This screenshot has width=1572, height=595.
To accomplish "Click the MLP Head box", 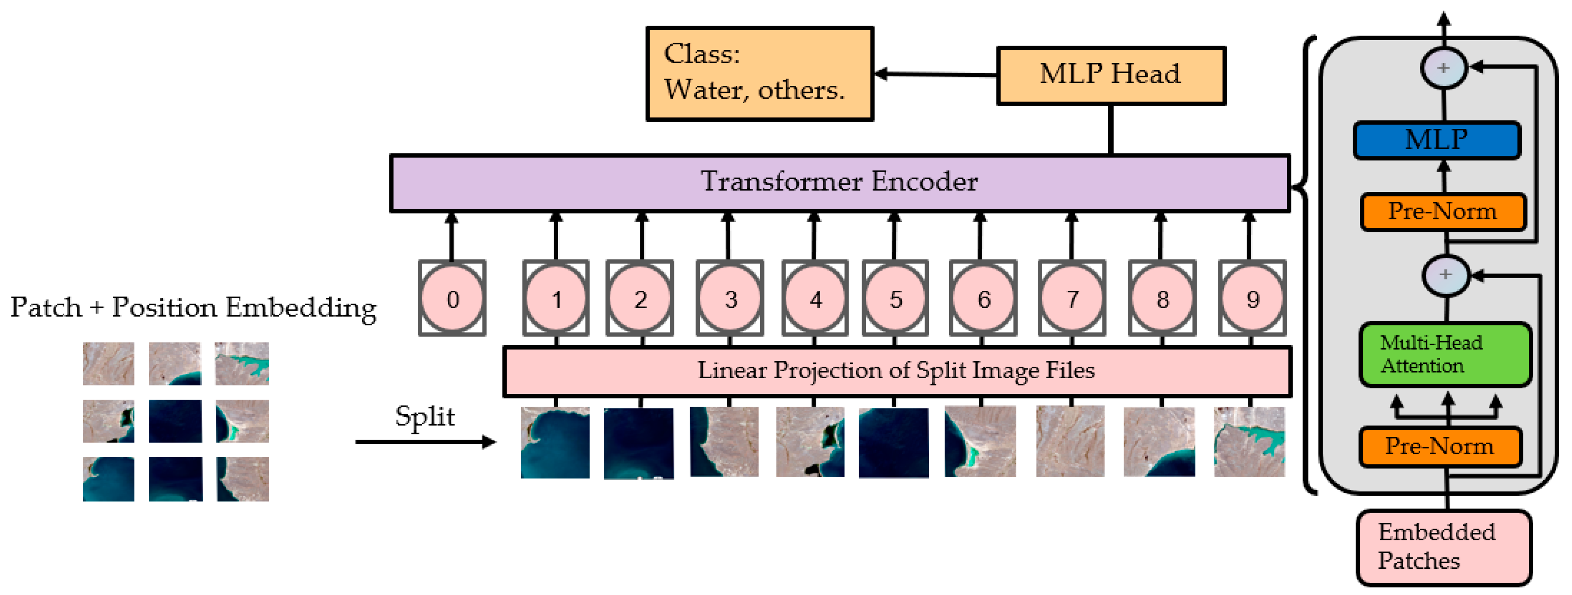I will coord(1111,76).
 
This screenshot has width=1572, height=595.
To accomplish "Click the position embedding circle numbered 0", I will coord(452,298).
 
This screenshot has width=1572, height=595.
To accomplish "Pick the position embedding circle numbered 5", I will coord(895,298).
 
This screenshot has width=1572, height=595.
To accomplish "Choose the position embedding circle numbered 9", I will coord(1252,298).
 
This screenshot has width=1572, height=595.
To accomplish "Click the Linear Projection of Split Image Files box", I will coord(896,371).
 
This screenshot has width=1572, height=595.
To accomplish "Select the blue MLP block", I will coord(1436,140).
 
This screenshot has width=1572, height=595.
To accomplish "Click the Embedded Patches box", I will coord(1444,547).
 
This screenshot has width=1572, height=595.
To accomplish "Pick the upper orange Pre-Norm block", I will coord(1443,212).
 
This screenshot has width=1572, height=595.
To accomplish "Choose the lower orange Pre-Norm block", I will coord(1440,447).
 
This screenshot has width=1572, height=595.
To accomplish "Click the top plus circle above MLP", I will coord(1444,68).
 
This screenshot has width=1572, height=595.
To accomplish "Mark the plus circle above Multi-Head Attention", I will coord(1446,275).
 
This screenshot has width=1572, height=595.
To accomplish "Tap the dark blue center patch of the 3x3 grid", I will coord(175,421).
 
